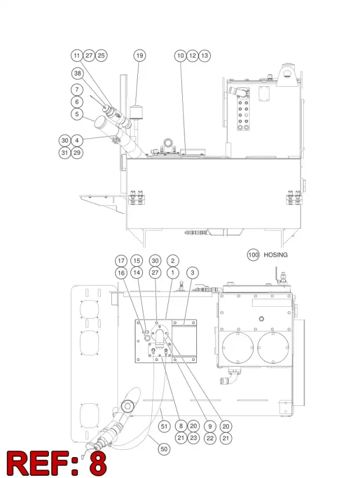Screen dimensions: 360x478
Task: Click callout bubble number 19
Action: pyautogui.click(x=139, y=56)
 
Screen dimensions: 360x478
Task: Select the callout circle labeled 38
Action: pyautogui.click(x=78, y=73)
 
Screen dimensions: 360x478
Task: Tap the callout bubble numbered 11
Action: pyautogui.click(x=76, y=56)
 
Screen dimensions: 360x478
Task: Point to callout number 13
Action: pyautogui.click(x=204, y=56)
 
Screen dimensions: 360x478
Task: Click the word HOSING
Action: pyautogui.click(x=275, y=255)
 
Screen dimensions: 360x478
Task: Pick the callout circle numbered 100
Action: pyautogui.click(x=253, y=255)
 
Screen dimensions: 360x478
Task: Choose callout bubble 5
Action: pyautogui.click(x=77, y=114)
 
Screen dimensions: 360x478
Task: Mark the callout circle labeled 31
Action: pyautogui.click(x=65, y=153)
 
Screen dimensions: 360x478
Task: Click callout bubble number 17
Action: pyautogui.click(x=121, y=261)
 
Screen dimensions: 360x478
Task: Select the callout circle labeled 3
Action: pyautogui.click(x=192, y=272)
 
